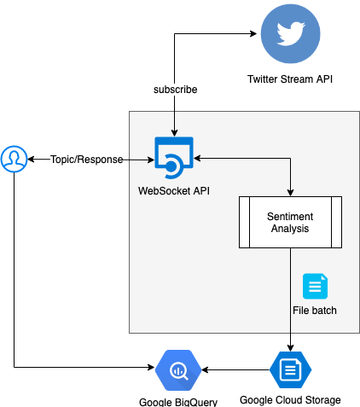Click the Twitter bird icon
pyautogui.click(x=290, y=34)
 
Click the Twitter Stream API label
pyautogui.click(x=290, y=79)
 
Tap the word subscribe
pyautogui.click(x=175, y=89)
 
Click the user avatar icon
pyautogui.click(x=14, y=159)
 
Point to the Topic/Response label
pyautogui.click(x=87, y=160)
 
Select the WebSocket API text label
pyautogui.click(x=174, y=190)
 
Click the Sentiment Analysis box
pyautogui.click(x=290, y=222)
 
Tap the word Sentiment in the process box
pyautogui.click(x=290, y=216)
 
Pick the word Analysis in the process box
pyautogui.click(x=290, y=229)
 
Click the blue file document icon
pyautogui.click(x=315, y=286)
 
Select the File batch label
pyautogui.click(x=315, y=310)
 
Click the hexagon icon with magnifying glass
pyautogui.click(x=179, y=369)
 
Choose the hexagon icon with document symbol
pyautogui.click(x=290, y=369)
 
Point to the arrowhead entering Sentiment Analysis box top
pyautogui.click(x=290, y=192)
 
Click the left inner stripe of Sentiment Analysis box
pyautogui.click(x=243, y=222)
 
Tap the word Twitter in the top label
pyautogui.click(x=263, y=79)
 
